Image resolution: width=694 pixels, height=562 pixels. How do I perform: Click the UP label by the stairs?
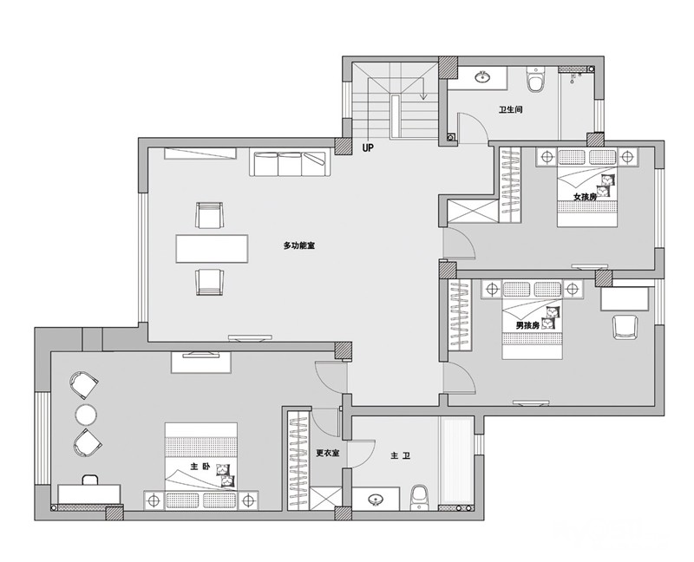(x=368, y=147)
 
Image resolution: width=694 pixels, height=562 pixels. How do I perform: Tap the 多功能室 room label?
(x=299, y=245)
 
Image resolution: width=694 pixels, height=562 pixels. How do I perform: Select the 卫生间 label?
(x=511, y=109)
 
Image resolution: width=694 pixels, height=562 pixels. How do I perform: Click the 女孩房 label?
(x=585, y=197)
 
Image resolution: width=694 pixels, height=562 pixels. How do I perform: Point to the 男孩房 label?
(x=527, y=325)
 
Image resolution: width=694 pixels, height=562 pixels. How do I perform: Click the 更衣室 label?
(x=328, y=453)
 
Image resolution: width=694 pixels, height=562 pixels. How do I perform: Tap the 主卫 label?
(x=401, y=455)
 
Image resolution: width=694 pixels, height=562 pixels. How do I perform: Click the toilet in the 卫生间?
(x=535, y=80)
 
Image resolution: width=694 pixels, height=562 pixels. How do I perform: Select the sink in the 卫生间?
(x=482, y=77)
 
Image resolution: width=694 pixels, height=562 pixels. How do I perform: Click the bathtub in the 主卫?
(x=456, y=463)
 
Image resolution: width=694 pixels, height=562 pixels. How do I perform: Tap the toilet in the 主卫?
(x=419, y=498)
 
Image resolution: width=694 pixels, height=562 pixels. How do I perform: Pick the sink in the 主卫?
(x=376, y=500)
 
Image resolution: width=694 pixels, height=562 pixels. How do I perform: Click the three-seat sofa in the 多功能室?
(x=290, y=164)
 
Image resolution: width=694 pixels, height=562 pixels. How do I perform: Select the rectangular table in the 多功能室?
(x=212, y=249)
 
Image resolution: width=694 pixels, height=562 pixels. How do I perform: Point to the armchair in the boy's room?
(x=625, y=327)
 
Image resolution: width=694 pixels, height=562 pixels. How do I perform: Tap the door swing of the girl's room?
(x=459, y=244)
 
